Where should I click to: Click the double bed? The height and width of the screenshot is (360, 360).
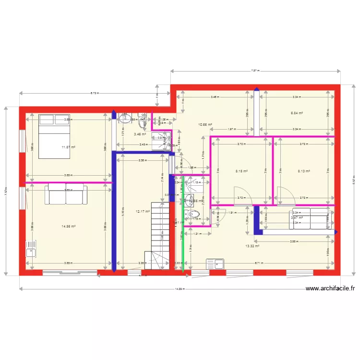pos(55,135)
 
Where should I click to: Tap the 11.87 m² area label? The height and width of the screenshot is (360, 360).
pos(69,147)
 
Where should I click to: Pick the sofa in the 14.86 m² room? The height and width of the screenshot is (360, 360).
pos(67,194)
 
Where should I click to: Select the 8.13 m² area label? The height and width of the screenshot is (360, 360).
pos(303,171)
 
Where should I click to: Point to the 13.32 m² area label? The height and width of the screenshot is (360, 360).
pos(252,246)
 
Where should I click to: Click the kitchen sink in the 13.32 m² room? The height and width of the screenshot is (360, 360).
pos(215,264)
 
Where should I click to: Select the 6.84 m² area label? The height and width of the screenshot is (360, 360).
pos(297,113)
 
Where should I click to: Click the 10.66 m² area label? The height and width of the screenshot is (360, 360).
pos(205,125)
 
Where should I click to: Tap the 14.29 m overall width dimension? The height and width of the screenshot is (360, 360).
pos(180,289)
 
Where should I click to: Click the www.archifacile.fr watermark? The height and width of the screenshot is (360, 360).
pos(330,288)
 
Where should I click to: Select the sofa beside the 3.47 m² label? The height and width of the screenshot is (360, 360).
pos(310,218)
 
